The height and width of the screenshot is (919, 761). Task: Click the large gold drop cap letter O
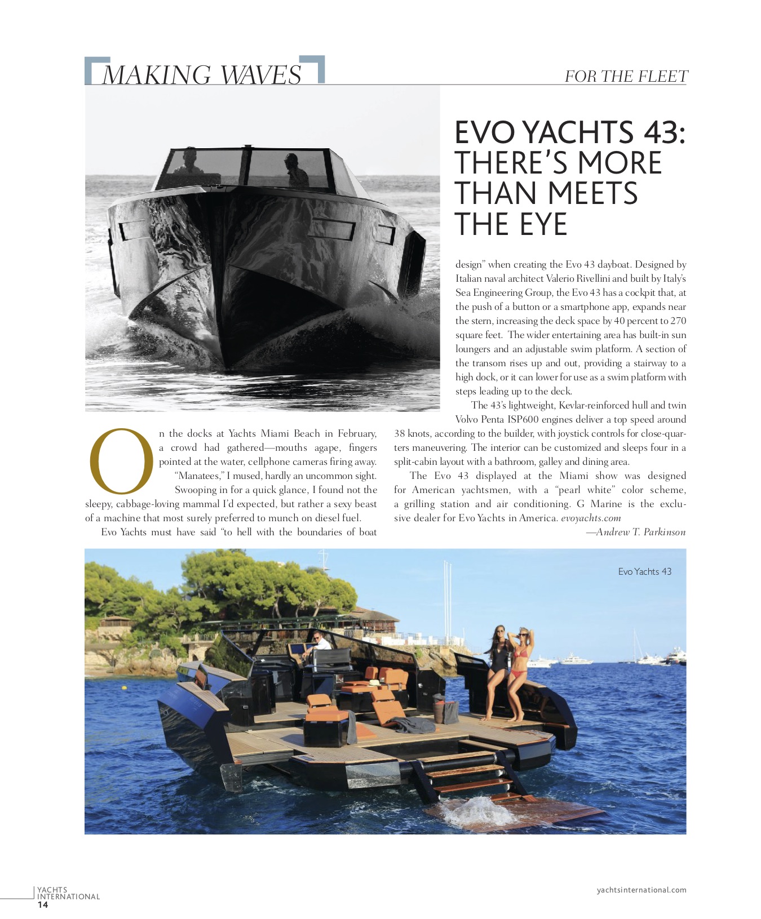[x=121, y=461]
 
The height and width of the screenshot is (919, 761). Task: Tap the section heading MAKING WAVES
[x=202, y=75]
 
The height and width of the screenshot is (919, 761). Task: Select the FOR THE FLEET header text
[x=626, y=77]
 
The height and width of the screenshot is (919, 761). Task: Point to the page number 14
[x=43, y=905]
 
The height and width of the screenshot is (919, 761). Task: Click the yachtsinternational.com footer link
[x=641, y=890]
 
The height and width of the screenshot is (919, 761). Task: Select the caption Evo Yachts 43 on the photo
[x=644, y=571]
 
